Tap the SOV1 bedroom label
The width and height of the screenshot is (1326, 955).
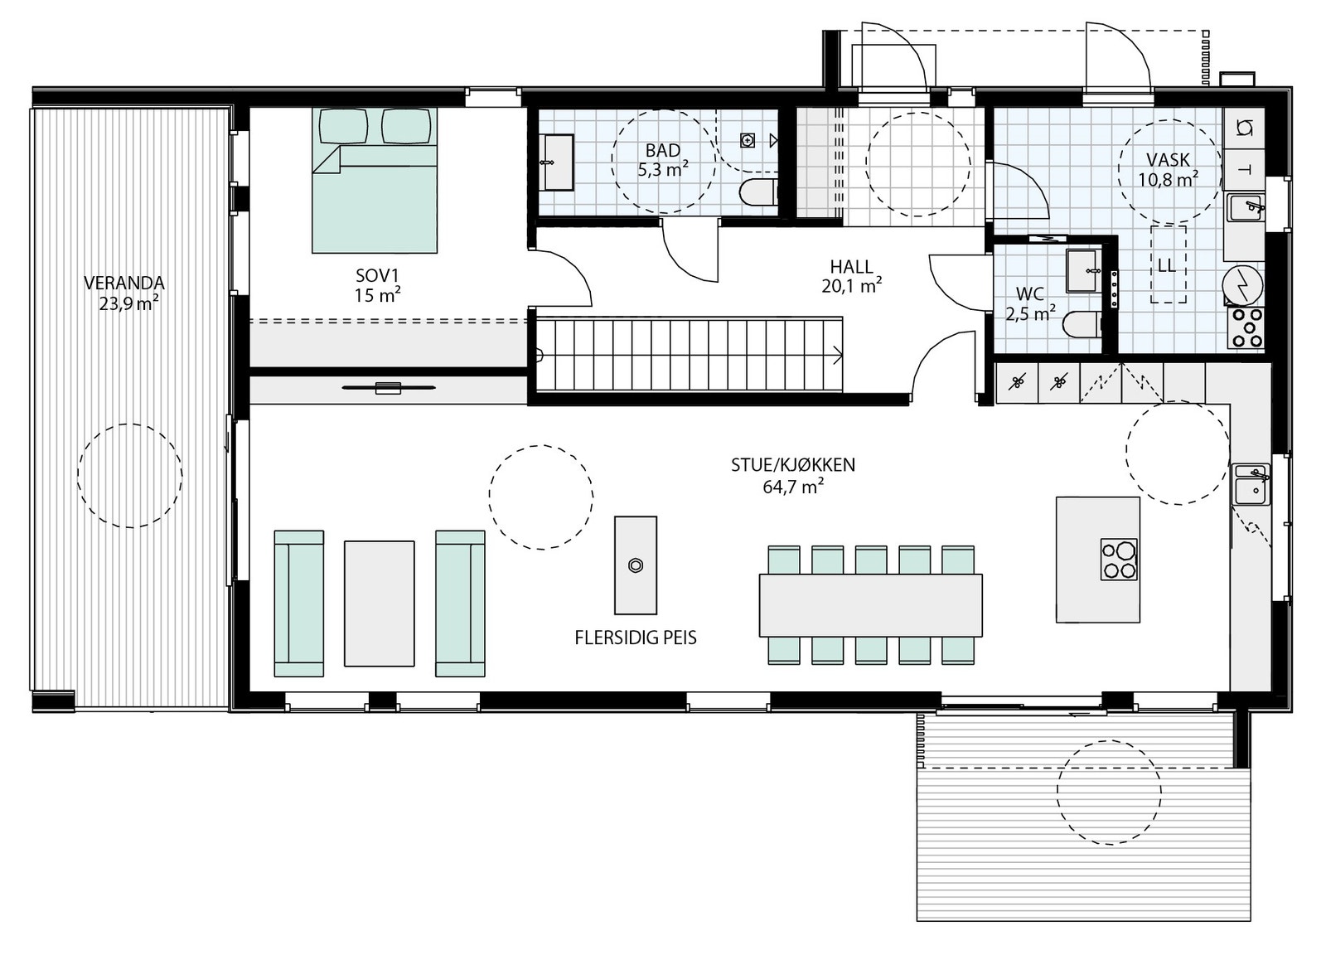378,285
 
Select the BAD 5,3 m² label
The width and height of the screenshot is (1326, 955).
663,160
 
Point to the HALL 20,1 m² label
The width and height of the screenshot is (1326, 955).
851,276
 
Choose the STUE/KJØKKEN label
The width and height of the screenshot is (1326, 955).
792,465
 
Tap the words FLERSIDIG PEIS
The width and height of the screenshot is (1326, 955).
635,637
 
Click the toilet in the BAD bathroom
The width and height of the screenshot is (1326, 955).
757,192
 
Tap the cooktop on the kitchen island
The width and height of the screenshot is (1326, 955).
1119,559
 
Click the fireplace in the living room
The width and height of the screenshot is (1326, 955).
636,565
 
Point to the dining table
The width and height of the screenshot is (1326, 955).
871,604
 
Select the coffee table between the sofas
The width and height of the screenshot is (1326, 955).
380,604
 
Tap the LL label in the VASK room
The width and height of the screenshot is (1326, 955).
1167,265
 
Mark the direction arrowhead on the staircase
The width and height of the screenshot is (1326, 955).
838,356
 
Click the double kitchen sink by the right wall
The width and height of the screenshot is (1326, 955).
1251,484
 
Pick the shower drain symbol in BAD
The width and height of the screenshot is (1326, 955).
748,140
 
